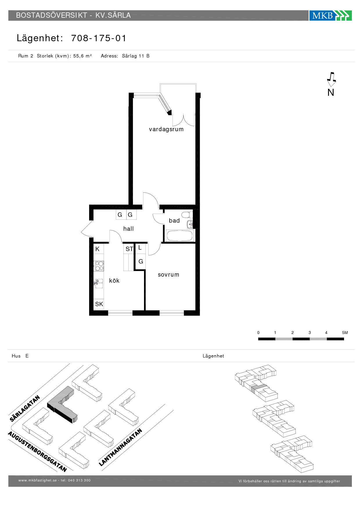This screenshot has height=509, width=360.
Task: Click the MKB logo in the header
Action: click(330, 15)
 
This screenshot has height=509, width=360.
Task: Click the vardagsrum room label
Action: click(166, 129)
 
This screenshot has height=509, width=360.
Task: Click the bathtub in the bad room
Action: click(180, 236)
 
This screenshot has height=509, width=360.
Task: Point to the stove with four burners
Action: click(99, 266)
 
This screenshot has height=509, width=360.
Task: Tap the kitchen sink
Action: click(99, 283)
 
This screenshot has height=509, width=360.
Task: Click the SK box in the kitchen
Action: click(99, 304)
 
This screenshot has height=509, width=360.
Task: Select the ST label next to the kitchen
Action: click(129, 249)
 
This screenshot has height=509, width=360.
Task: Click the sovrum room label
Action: click(169, 275)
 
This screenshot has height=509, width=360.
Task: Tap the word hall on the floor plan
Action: click(128, 229)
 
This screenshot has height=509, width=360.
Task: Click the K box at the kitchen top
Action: click(98, 249)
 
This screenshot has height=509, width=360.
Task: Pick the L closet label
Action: click(140, 248)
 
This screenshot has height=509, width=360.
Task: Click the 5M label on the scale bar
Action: click(345, 333)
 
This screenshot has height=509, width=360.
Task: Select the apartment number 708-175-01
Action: click(99, 38)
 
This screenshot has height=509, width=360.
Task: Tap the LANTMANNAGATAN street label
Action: click(120, 447)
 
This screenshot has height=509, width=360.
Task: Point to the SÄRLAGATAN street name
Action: click(25, 408)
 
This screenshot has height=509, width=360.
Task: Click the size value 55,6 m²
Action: click(82, 56)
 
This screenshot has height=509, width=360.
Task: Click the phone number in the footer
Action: click(79, 480)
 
